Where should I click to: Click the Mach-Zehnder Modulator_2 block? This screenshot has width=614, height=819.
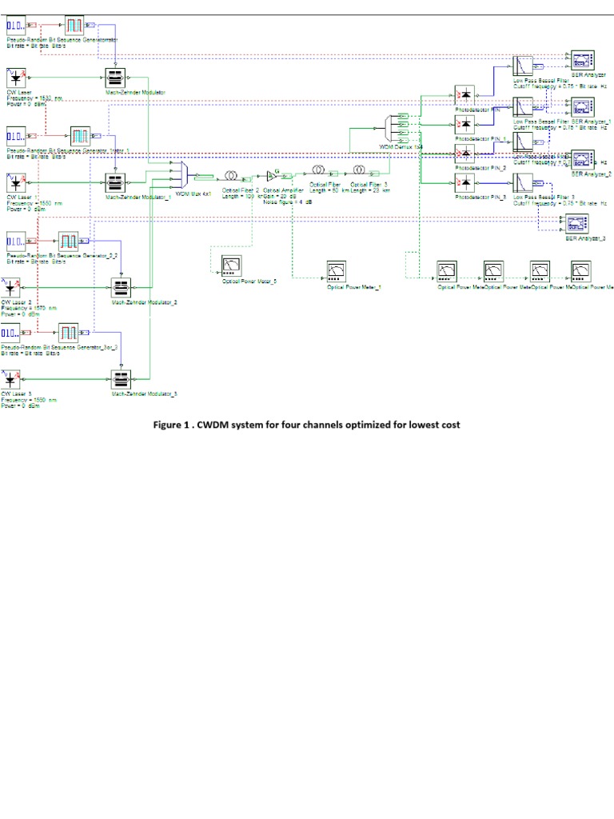click(121, 287)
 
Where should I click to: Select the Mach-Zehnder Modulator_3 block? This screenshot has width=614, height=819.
click(121, 378)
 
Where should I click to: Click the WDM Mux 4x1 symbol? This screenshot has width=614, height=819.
click(180, 176)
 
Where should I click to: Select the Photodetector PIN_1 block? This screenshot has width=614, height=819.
click(464, 124)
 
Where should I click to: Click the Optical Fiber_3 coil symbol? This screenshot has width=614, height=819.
click(360, 170)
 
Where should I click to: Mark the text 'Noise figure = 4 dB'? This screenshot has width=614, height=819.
click(288, 202)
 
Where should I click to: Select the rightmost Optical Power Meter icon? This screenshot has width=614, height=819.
click(581, 270)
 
